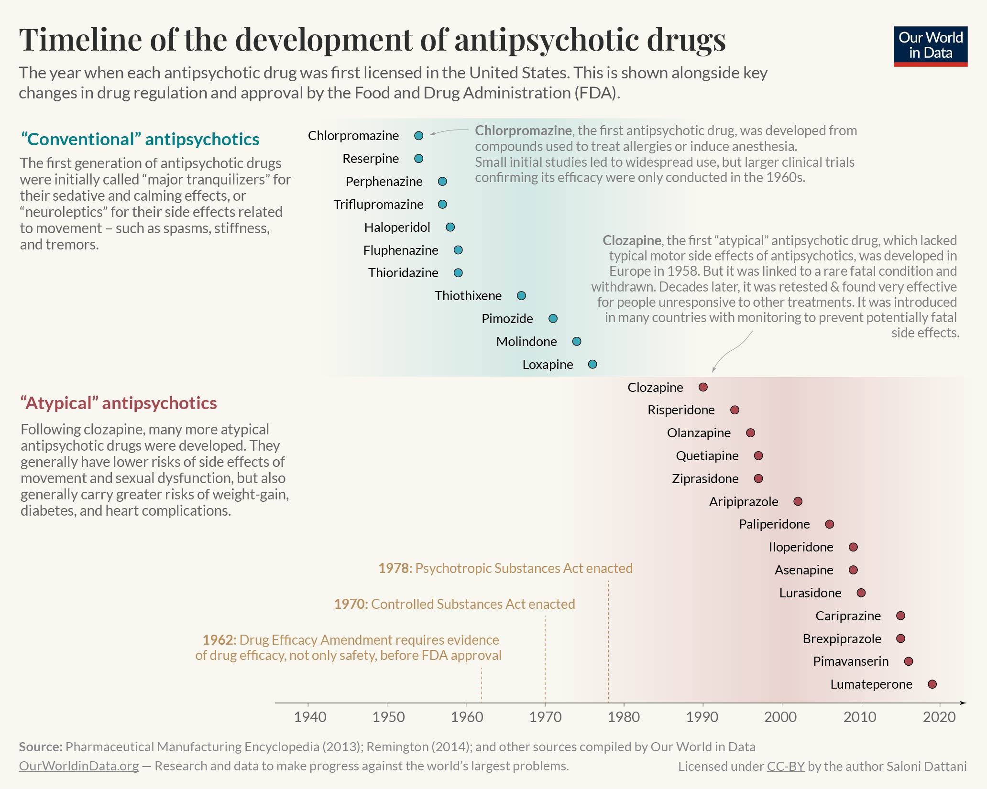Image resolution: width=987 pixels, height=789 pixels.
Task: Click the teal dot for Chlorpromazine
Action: click(418, 136)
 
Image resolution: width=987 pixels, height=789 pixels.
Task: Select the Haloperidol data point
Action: click(450, 227)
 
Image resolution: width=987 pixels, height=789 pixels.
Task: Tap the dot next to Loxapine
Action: click(592, 364)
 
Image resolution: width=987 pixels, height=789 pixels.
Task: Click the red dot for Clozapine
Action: click(702, 387)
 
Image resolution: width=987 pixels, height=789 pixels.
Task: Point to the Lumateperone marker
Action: click(932, 684)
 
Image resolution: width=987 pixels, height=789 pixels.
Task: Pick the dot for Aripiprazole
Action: click(797, 501)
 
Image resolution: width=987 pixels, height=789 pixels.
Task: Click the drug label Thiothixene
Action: click(468, 296)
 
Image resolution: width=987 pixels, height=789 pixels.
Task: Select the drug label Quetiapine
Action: click(707, 456)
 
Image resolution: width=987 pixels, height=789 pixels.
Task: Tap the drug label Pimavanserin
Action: click(850, 661)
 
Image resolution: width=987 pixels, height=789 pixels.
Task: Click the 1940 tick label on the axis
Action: click(310, 717)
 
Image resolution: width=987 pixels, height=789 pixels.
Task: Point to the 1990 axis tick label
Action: click(702, 717)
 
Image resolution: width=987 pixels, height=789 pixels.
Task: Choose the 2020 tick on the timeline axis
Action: click(939, 717)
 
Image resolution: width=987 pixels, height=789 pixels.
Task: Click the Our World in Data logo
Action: click(930, 46)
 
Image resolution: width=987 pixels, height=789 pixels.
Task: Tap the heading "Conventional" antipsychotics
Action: click(140, 139)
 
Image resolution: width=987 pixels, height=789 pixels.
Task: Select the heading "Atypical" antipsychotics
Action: click(119, 403)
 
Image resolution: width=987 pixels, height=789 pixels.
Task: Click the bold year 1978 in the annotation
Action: click(395, 568)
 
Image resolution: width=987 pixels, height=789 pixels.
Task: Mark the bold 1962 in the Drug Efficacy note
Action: click(219, 640)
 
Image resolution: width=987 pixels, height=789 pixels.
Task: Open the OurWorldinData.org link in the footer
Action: click(79, 766)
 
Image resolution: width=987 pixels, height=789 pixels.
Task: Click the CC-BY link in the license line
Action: click(786, 767)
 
